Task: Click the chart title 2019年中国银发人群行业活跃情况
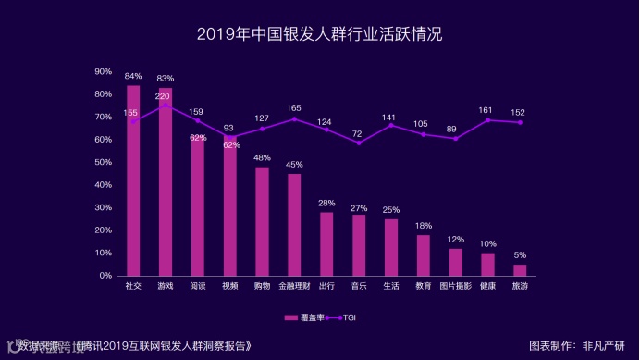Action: (320, 35)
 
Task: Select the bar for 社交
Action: (133, 180)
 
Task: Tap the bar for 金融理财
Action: (294, 225)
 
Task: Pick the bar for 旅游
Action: (520, 270)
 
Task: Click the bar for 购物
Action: (262, 221)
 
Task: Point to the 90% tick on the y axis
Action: (104, 71)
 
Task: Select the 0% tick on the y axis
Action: (105, 276)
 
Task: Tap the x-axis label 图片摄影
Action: (455, 287)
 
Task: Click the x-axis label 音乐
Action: (359, 287)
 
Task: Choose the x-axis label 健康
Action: (487, 287)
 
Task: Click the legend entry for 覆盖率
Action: (304, 317)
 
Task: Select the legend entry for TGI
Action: (343, 317)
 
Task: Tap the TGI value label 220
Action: (163, 96)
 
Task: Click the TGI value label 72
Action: (359, 133)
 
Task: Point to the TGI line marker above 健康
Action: (487, 120)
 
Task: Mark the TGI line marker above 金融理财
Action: (294, 118)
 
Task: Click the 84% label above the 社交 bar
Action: (133, 76)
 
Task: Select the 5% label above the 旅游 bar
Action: (520, 255)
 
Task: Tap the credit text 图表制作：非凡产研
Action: (577, 345)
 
